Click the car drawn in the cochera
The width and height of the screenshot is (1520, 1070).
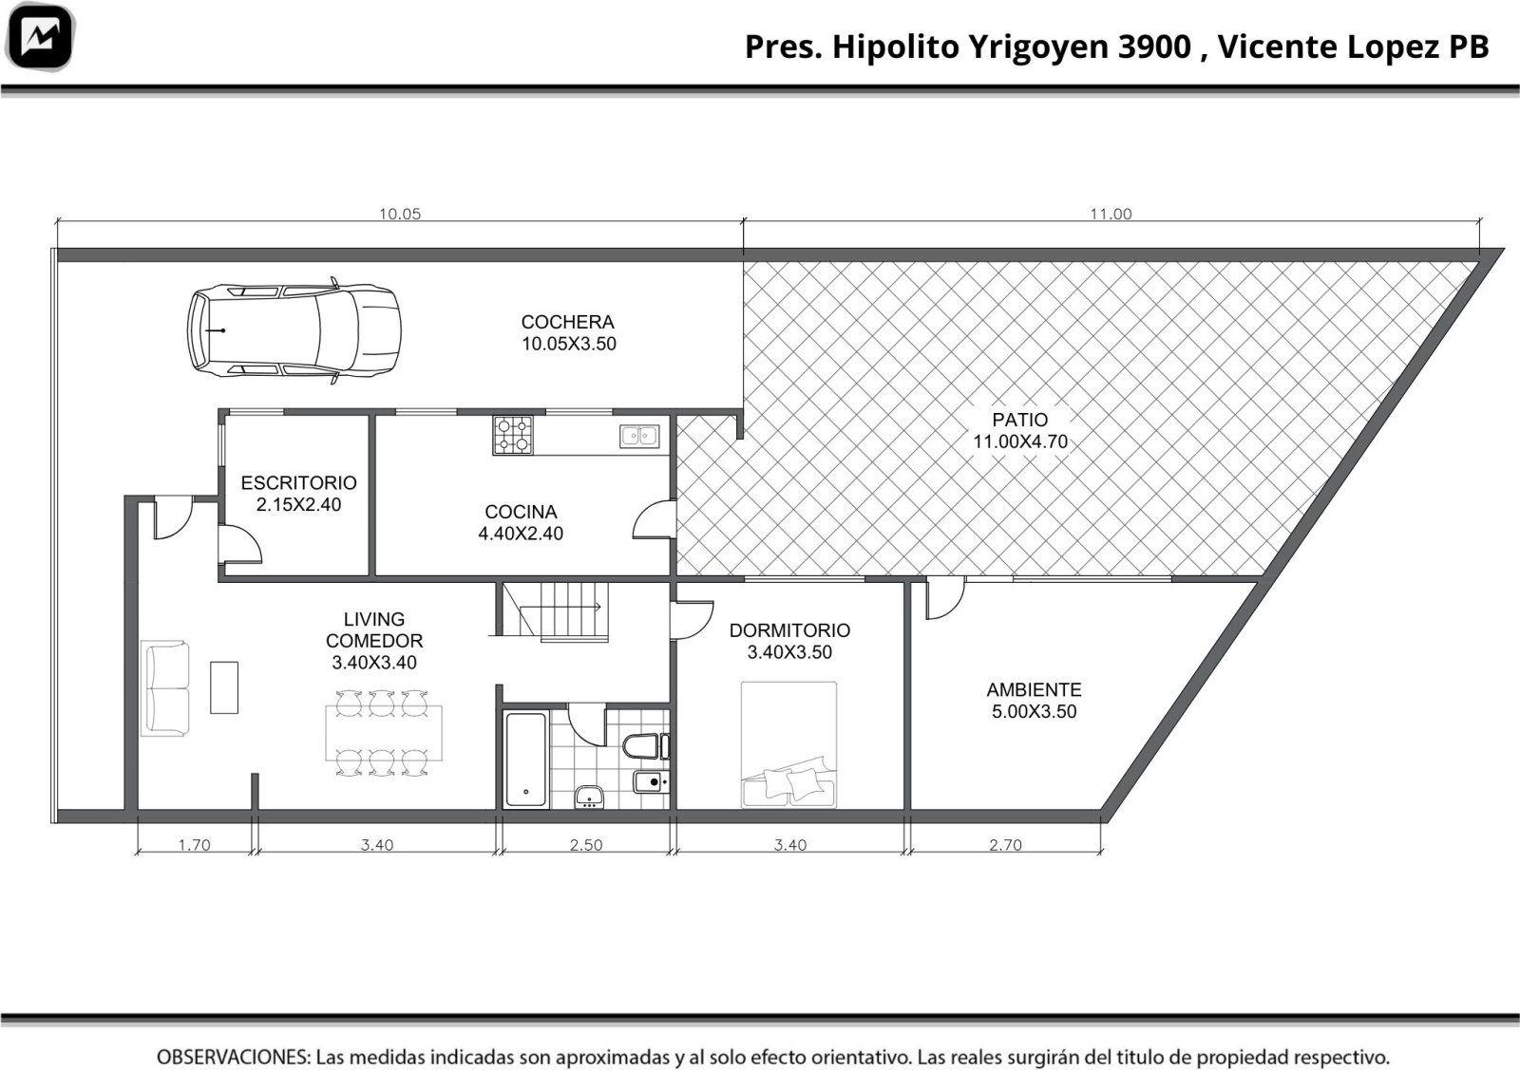(294, 331)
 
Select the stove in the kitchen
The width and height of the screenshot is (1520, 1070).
(513, 436)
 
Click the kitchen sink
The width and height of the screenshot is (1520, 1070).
(639, 436)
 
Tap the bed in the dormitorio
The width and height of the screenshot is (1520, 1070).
(788, 744)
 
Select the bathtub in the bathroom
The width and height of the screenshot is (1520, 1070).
(526, 760)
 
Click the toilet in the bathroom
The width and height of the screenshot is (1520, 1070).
(646, 746)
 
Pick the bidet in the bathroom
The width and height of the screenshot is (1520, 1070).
(652, 782)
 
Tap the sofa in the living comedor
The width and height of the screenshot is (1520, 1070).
(165, 688)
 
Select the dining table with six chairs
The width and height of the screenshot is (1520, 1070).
(384, 732)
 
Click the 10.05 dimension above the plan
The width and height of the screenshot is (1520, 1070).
(400, 215)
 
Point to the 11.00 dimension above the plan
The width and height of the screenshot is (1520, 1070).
(1111, 215)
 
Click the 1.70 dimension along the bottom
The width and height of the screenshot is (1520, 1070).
(194, 845)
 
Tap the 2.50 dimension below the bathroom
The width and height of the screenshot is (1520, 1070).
(585, 845)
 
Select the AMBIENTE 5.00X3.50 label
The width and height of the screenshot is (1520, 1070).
(1034, 701)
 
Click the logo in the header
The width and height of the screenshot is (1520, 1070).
(39, 37)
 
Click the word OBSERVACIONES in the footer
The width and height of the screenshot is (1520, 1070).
(234, 1057)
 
